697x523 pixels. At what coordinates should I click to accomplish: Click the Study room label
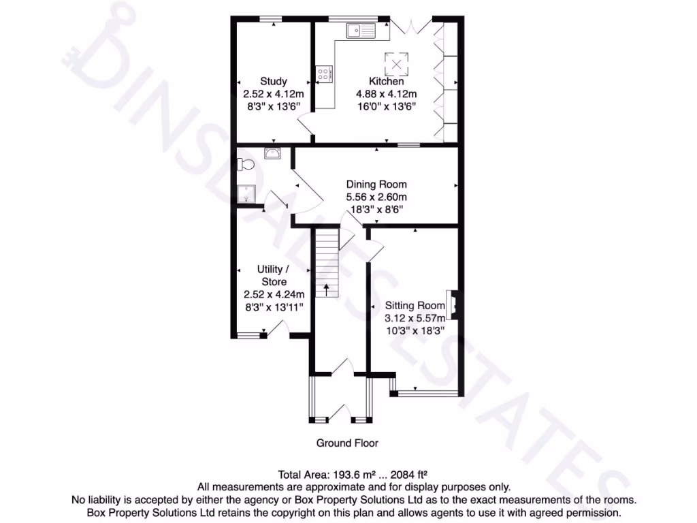click(274, 81)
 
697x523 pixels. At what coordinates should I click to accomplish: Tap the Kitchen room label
click(386, 81)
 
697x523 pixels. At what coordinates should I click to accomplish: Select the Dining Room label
click(376, 185)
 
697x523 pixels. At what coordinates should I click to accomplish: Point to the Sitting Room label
click(415, 306)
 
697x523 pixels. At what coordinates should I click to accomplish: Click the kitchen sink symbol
click(360, 31)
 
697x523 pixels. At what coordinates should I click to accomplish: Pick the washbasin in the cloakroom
click(273, 152)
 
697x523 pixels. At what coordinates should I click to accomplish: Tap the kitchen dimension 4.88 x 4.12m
click(386, 94)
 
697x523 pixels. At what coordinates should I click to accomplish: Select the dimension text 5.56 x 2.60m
click(376, 197)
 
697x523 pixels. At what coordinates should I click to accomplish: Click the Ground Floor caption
click(347, 443)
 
